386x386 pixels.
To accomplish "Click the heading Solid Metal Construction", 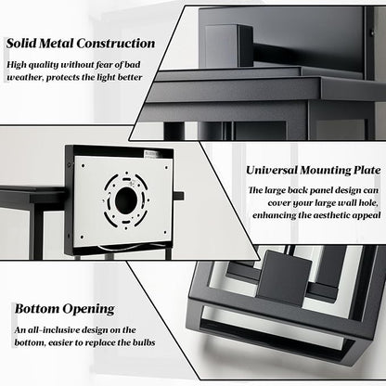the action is point(81,44).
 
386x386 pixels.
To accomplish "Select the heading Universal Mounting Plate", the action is point(314,170).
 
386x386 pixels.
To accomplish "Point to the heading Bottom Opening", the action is point(65,309).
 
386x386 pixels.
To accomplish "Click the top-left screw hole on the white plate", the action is point(84,165).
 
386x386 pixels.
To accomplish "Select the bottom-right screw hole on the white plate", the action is point(164,232).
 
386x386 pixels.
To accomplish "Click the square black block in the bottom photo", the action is point(284,277).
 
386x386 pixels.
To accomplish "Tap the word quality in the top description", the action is point(43,65).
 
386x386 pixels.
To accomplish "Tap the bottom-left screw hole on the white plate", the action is point(82,238).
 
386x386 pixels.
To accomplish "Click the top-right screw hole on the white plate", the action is point(166,168).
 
